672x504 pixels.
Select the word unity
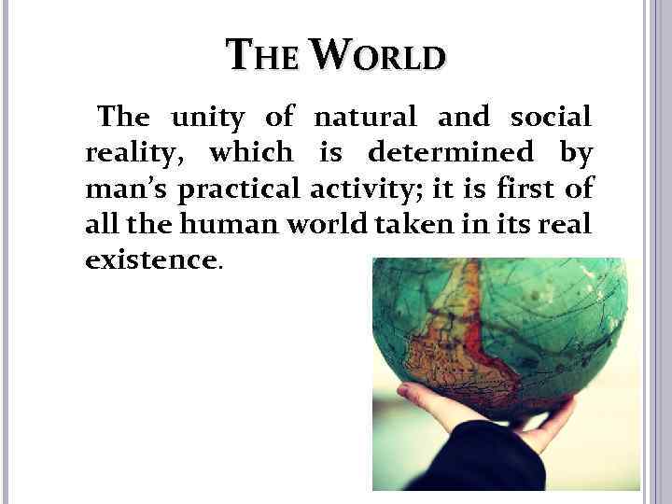tap(207, 118)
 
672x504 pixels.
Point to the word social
tap(550, 118)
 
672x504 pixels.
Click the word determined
tap(451, 151)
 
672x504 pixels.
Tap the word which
tap(250, 151)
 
